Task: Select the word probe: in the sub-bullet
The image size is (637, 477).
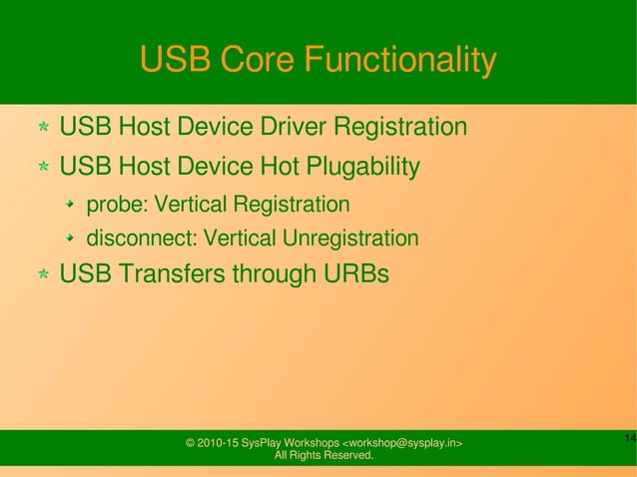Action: pos(117,206)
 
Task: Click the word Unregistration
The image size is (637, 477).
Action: pos(350,239)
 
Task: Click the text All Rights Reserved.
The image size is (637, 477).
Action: pos(323,457)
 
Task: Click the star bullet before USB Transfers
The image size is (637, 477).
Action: pos(44,274)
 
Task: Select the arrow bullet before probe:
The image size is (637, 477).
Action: pos(71,207)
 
